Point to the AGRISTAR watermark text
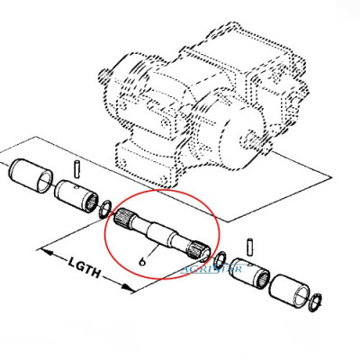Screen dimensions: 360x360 pyautogui.click(x=211, y=267)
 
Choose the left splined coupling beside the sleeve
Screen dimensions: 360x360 pyautogui.click(x=73, y=193)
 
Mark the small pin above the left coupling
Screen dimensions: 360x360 pyautogui.click(x=79, y=166)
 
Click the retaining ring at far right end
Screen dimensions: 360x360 pyautogui.click(x=319, y=303)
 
